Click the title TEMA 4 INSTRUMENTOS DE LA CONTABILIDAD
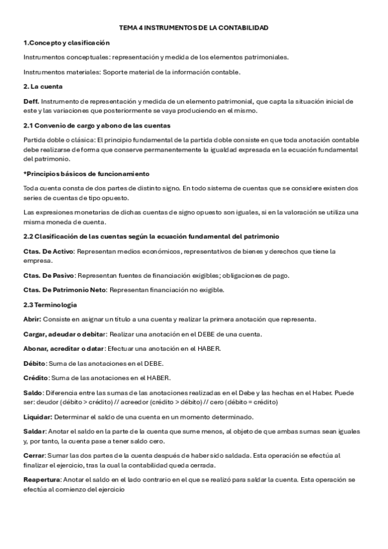194,28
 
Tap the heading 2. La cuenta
43,86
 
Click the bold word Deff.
31,102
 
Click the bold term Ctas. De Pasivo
49,275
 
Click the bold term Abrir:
32,319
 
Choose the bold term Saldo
32,393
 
